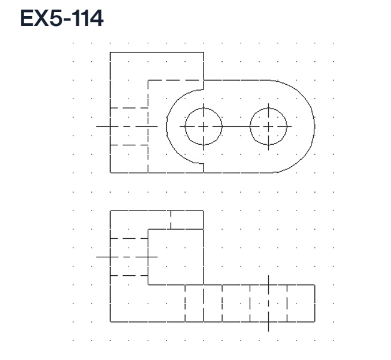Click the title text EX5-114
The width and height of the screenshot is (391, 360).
pos(62,19)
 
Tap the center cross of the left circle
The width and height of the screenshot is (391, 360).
pos(203,126)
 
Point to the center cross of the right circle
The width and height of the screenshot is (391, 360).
pos(268,126)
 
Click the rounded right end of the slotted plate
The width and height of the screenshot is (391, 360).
pos(314,126)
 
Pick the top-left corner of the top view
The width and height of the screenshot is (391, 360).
pos(110,52)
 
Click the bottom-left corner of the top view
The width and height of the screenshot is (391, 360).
pos(110,172)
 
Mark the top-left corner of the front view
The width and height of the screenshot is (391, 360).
pos(110,211)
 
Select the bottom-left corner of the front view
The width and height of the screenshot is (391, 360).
pos(110,321)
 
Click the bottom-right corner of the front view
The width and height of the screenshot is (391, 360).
pos(315,321)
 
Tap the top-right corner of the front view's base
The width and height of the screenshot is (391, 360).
pos(315,284)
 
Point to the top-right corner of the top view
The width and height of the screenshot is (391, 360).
pos(204,52)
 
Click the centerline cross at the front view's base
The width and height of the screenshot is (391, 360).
pos(268,303)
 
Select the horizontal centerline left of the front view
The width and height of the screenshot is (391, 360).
pos(103,256)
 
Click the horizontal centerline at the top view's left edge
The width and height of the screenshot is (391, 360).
pos(103,126)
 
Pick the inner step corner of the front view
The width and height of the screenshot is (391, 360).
pos(148,284)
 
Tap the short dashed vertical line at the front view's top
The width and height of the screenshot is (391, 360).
pos(171,220)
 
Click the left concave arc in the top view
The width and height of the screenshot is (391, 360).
pos(167,126)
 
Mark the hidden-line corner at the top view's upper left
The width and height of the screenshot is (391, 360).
pos(148,80)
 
